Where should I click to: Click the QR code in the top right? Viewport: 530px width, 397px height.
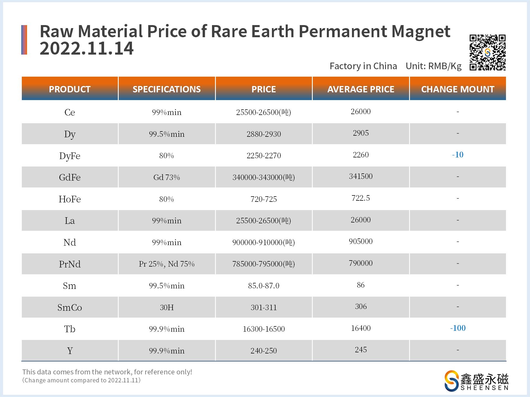click(487, 52)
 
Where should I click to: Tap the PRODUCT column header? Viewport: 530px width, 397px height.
click(70, 89)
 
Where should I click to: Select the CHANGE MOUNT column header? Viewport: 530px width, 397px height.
click(458, 89)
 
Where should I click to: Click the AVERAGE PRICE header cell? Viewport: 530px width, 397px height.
click(361, 89)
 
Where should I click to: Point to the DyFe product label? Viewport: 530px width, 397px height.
click(70, 156)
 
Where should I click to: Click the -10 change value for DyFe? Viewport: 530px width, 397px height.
click(458, 155)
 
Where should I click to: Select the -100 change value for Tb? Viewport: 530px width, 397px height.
click(458, 328)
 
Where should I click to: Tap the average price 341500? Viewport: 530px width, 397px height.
click(361, 176)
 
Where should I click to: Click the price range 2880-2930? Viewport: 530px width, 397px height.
click(264, 134)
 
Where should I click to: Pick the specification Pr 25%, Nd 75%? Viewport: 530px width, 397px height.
click(166, 264)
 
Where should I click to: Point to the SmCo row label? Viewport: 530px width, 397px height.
click(70, 307)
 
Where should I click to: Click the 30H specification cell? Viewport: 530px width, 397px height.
click(166, 307)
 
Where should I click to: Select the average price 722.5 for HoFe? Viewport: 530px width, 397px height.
click(361, 198)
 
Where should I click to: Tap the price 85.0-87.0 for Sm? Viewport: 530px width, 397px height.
click(264, 286)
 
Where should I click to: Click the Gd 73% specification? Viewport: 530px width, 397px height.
click(166, 177)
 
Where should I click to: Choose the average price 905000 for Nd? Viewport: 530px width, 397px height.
click(361, 242)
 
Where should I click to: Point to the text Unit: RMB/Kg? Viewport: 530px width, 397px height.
click(433, 66)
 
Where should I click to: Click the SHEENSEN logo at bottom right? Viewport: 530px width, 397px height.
click(476, 380)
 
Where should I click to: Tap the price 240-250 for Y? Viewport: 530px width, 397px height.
click(264, 351)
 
